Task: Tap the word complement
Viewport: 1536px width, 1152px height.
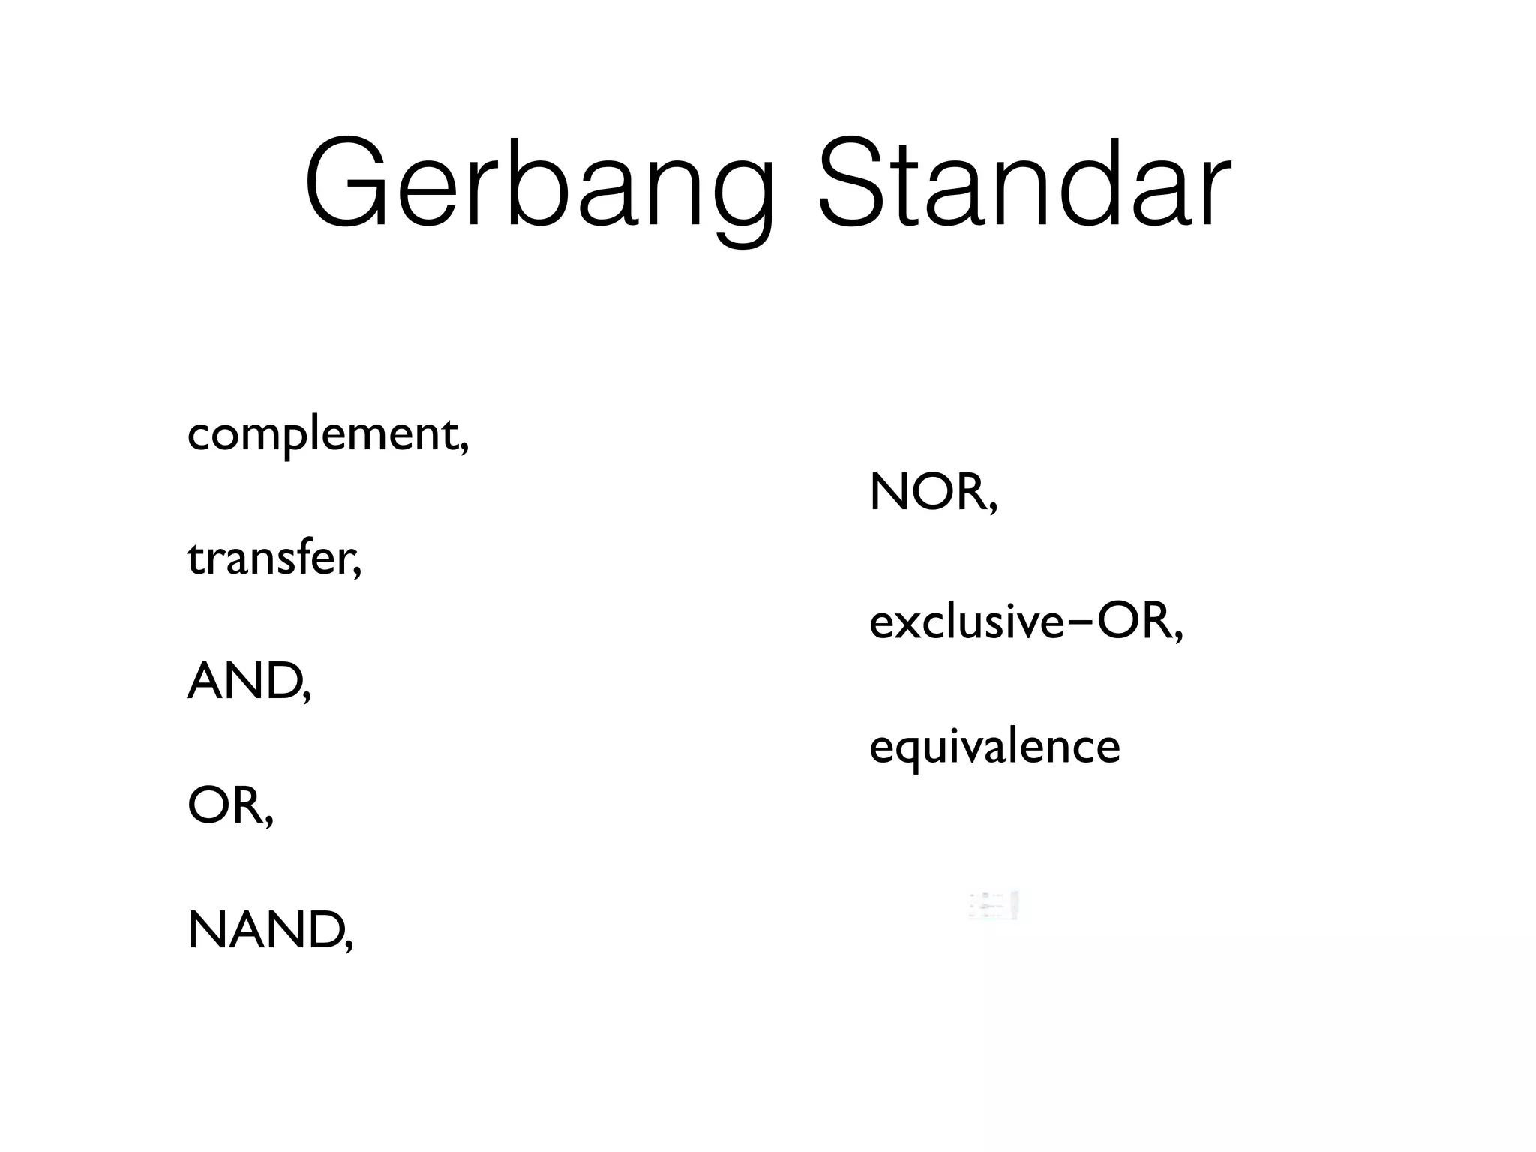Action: click(x=322, y=434)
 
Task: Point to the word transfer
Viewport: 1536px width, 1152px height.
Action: click(x=269, y=559)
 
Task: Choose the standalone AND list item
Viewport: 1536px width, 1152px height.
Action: click(x=244, y=682)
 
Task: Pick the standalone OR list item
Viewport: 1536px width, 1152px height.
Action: click(x=225, y=805)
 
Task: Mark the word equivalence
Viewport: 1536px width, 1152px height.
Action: click(x=994, y=747)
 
